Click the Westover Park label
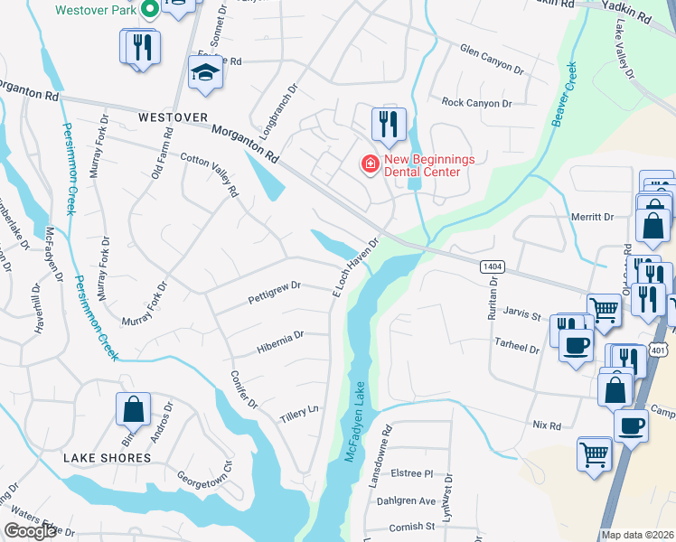[x=95, y=11]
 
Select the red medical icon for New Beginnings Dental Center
[x=369, y=164]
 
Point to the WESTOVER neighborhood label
[x=173, y=118]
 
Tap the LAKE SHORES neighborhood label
[x=107, y=458]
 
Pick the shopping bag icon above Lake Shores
[x=134, y=408]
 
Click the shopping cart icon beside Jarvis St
[x=604, y=310]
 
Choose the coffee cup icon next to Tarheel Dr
[x=576, y=344]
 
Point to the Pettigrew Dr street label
[x=274, y=292]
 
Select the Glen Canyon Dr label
[x=491, y=61]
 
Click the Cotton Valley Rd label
[x=209, y=173]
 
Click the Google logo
[x=31, y=531]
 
